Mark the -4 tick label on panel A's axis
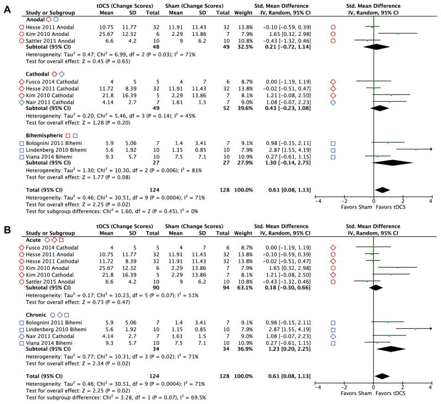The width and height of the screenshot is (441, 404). tap(316, 202)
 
